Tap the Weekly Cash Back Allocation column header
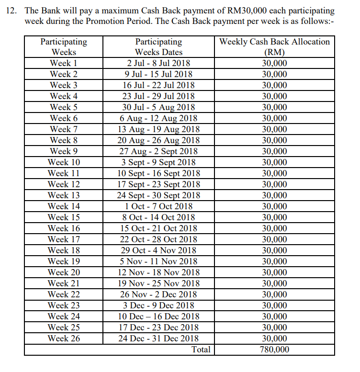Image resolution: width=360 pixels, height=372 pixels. pos(274,47)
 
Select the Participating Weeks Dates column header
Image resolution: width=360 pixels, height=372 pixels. pos(158,47)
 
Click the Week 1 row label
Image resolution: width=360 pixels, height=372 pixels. pos(64,63)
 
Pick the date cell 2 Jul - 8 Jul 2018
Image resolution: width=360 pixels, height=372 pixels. pos(158,63)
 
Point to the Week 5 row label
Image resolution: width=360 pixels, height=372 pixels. pos(64,107)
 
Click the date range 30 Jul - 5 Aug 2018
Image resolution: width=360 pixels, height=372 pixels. pos(158,107)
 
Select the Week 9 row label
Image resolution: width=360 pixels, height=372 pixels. pos(64,151)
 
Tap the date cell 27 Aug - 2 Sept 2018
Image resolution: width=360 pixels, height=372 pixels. pos(158,151)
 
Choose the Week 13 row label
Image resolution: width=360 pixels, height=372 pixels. pos(64,195)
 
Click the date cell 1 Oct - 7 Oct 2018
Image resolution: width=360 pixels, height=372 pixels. pos(158,206)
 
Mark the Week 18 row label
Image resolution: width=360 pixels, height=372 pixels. pos(64,250)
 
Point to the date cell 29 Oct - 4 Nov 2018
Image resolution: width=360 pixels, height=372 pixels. pos(158,250)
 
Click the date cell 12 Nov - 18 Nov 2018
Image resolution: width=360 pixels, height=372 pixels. pos(158,272)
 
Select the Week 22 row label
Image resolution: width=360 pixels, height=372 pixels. pos(64,294)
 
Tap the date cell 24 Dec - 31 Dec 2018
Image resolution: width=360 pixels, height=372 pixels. pos(158,338)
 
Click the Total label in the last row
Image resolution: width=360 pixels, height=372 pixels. pos(201,349)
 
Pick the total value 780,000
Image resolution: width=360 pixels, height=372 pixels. pos(274,349)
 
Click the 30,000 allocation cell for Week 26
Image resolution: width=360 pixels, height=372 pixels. pos(274,338)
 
